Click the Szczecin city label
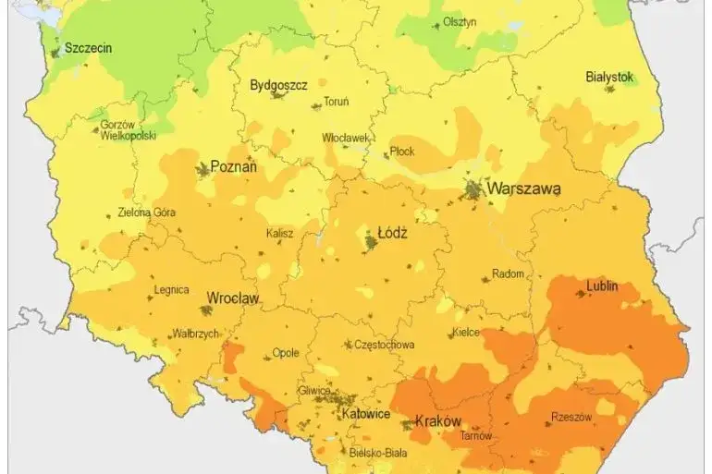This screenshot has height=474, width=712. pos(88,47)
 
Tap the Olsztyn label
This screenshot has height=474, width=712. pos(460,22)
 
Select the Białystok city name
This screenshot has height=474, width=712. pos(609,78)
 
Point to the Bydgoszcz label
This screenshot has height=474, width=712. pos(278,85)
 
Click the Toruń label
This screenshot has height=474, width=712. pos(336,102)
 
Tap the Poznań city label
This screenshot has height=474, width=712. pos(234,167)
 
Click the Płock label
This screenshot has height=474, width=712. pos(402,152)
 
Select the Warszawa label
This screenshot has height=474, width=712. pos(523,188)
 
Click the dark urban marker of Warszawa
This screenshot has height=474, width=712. pos(474,190)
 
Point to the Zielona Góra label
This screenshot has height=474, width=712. pos(146,212)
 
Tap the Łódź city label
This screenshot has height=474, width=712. pos(393,234)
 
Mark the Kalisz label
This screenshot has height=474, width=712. pos(279,235)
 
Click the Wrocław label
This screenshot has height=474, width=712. pos(232,298)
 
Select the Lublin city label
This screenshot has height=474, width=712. pos(602,286)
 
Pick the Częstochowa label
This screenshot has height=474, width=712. pos(384,345)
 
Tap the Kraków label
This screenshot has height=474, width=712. pos(437,421)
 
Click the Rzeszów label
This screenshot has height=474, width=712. pos(571,417)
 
